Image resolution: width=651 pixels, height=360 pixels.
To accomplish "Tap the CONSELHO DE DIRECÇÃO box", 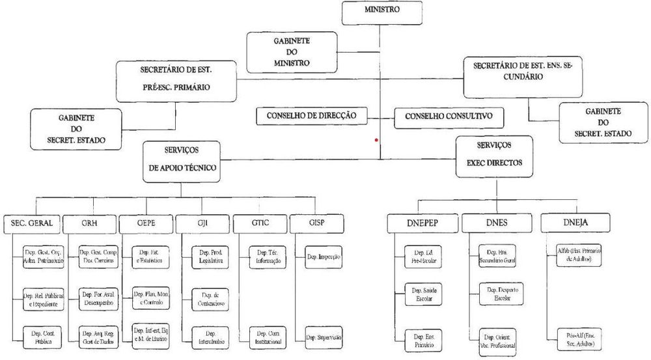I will (x=311, y=116).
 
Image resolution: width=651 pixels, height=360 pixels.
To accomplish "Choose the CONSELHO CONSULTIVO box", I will (x=449, y=117).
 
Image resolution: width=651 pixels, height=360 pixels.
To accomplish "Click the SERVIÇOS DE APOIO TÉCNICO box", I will (x=180, y=160).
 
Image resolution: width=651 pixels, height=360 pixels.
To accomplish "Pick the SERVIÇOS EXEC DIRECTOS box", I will (x=494, y=154).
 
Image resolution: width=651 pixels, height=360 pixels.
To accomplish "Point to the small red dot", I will (x=376, y=141).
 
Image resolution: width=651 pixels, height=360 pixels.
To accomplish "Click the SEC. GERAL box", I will (x=32, y=223).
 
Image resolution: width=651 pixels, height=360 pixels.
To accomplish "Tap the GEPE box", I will (x=145, y=223).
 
